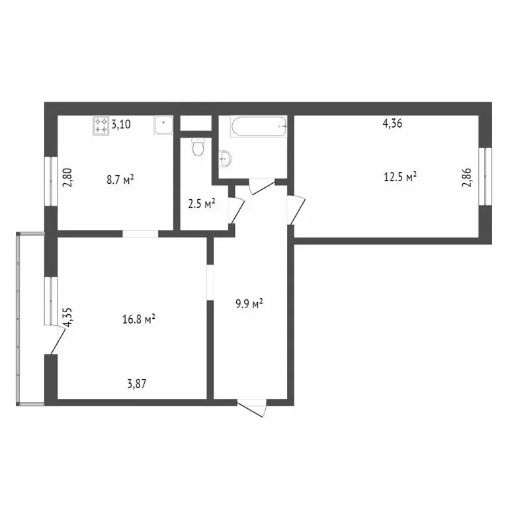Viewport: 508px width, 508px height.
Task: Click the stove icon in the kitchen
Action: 101,124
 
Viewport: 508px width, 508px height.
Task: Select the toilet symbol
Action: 196,148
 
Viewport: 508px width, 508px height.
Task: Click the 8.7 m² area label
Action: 120,179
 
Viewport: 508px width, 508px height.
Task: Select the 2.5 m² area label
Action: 202,204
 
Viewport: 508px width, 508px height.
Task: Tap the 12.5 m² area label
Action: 400,177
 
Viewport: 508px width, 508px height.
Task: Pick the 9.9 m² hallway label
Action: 249,304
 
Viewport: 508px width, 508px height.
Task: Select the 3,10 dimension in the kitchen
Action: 121,124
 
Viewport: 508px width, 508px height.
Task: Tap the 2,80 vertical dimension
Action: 66,179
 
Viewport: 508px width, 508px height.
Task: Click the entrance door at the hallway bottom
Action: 252,406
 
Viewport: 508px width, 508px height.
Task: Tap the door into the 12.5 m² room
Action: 296,209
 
